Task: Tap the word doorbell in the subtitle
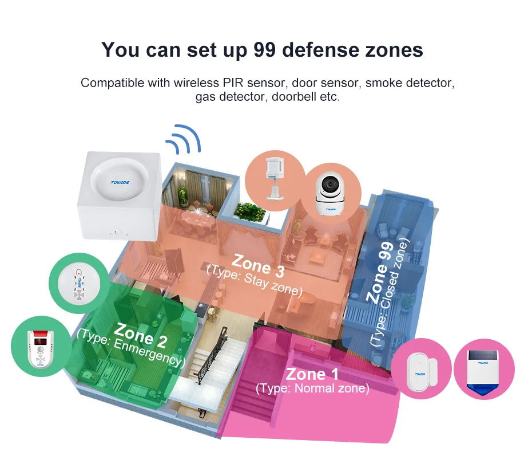296,97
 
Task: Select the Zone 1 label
312,375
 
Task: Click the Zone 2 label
140,335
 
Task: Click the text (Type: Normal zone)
312,388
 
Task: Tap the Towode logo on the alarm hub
118,183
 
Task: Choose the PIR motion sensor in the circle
273,177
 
